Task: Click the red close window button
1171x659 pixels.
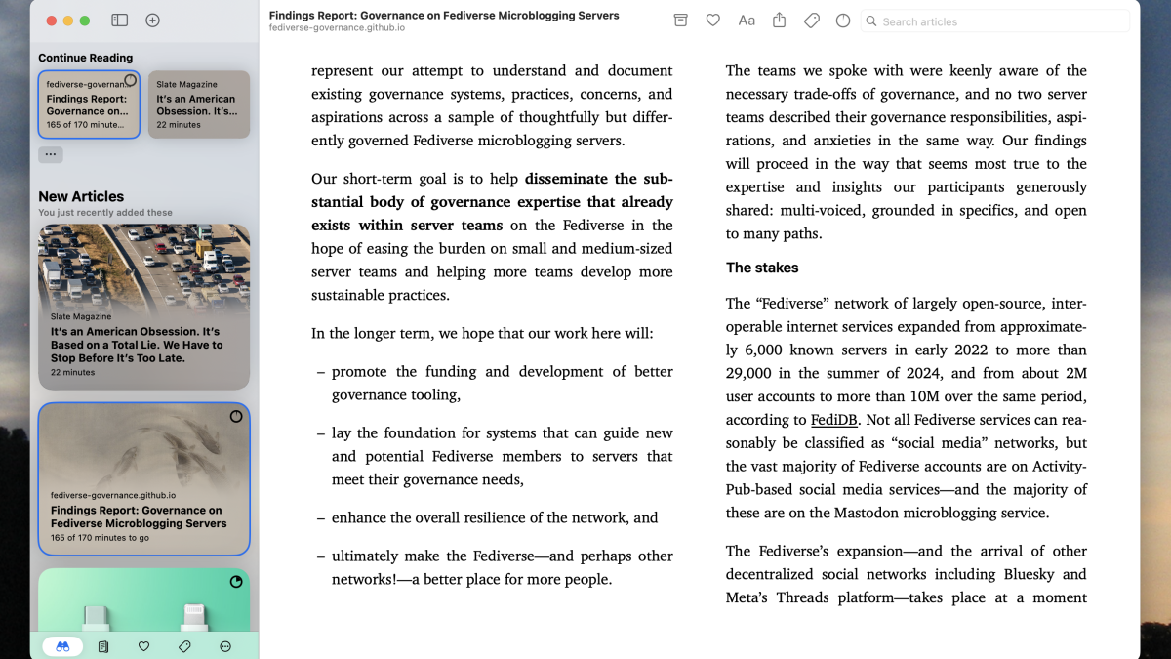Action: [x=50, y=21]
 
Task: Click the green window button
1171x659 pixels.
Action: [x=85, y=21]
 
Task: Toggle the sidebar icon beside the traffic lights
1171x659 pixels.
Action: [x=120, y=21]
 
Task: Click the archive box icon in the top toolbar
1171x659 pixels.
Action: [x=681, y=21]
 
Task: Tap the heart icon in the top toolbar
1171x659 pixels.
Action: [x=713, y=21]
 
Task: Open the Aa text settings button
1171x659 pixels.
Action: [x=747, y=21]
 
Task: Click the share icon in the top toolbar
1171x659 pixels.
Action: [x=779, y=21]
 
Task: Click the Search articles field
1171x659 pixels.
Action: [x=995, y=21]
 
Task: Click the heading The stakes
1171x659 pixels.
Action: [x=762, y=268]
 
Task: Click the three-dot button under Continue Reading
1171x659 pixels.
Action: [x=51, y=154]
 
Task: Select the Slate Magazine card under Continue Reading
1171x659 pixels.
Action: [x=198, y=104]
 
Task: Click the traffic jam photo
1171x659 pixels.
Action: [x=143, y=264]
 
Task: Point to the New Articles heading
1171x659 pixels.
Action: [x=81, y=196]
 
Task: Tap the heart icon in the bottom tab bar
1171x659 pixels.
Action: [x=144, y=646]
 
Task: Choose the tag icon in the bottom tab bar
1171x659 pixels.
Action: [x=184, y=646]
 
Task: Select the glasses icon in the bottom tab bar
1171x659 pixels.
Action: [x=62, y=646]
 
